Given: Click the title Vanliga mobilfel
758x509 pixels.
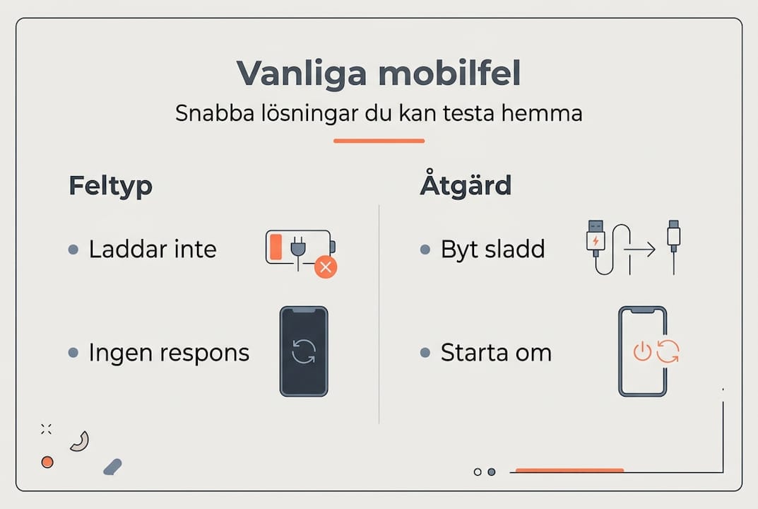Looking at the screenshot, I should pos(379,74).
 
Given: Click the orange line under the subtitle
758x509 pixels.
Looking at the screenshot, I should pos(379,141).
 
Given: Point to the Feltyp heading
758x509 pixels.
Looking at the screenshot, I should pos(110,186).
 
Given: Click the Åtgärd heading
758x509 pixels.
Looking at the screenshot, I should pos(466,186).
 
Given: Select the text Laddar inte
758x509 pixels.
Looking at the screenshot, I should pos(153,250).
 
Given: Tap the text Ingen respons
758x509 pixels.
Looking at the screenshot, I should pos(169,353).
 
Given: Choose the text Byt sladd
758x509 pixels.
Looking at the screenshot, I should pos(492,250).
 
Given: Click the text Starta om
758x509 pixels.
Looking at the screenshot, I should pos(496,353).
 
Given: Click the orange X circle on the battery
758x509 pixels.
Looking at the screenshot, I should pos(326,267).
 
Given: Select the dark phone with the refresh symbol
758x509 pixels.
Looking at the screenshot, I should pos(304,351).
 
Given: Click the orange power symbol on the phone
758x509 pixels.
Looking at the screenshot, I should pos(641,351).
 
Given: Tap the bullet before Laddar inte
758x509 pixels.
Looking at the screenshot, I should pos(73,250).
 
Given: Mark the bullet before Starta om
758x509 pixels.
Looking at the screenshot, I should pos(425,353).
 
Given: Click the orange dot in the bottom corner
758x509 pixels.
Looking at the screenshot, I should pos(47,462).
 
